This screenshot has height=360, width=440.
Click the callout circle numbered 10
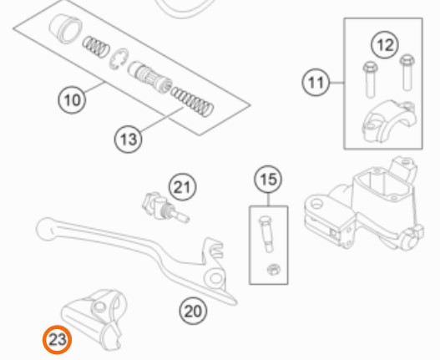72,99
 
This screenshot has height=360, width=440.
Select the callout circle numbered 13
128,139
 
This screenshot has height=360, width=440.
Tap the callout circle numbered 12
385,45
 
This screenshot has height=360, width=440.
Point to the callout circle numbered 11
316,83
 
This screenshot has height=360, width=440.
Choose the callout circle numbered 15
268,179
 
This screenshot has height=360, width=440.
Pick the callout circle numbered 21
183,187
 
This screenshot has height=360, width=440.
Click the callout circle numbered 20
193,311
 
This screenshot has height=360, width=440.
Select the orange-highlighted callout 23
58,340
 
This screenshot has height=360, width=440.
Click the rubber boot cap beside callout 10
65,28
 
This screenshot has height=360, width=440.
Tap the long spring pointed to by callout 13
193,102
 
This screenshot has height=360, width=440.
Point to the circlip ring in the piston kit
119,58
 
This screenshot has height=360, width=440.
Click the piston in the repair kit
149,76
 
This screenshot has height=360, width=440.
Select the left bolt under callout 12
370,79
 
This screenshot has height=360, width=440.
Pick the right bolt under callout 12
407,73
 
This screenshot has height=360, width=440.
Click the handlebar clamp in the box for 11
389,122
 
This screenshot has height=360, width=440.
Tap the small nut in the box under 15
273,270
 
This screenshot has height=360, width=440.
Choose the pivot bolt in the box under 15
266,234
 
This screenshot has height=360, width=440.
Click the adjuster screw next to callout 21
165,207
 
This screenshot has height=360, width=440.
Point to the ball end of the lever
45,229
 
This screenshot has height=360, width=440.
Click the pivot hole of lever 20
215,278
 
